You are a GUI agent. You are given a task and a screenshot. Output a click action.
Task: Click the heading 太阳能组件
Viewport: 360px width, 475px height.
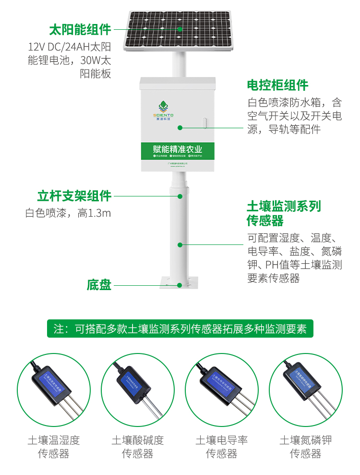[80, 30]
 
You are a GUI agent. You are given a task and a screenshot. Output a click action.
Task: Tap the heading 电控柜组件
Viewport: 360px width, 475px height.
[277, 85]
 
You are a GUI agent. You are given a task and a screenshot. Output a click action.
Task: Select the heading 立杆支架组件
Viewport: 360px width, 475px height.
[74, 196]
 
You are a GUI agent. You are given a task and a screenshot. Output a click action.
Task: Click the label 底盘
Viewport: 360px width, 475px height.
[99, 285]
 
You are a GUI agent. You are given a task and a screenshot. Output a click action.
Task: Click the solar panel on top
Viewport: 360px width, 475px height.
[179, 30]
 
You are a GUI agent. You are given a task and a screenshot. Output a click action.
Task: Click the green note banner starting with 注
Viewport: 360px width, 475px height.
[180, 329]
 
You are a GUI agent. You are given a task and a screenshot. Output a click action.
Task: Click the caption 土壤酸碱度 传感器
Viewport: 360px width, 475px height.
[138, 447]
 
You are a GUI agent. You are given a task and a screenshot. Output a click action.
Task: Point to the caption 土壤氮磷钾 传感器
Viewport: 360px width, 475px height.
[306, 447]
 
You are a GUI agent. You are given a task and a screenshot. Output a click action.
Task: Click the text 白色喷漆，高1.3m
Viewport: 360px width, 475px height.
[68, 213]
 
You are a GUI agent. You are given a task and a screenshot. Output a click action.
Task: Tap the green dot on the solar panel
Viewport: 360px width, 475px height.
[180, 29]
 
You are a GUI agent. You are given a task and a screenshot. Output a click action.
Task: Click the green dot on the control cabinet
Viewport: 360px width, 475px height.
[180, 128]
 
